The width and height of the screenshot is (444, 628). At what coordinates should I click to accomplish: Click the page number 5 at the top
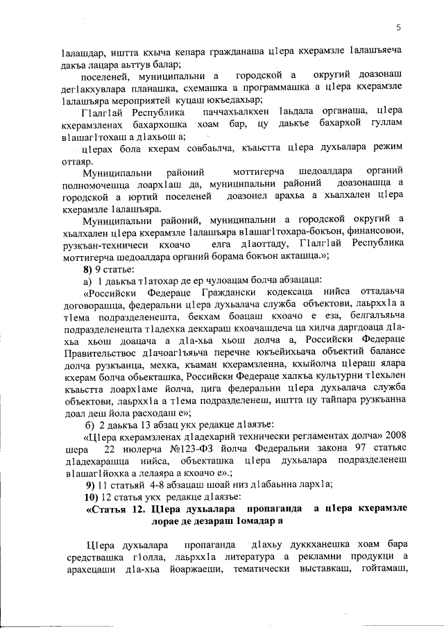399,27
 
